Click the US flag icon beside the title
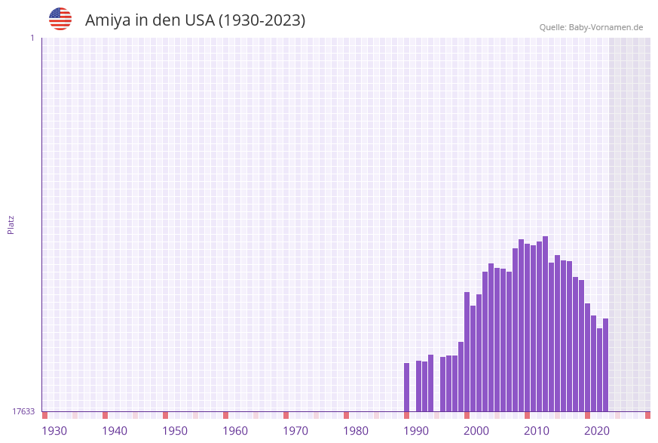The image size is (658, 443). coord(60,19)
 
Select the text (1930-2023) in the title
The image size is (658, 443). coord(262,20)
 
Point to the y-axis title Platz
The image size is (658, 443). coord(11,224)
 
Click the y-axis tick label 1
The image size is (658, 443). coord(32,38)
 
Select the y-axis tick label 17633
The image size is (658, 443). coord(23,411)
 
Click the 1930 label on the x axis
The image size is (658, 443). coord(54,431)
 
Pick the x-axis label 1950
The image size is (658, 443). coord(175,431)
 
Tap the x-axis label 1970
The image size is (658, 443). coord(295,431)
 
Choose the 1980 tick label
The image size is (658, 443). coord(356,431)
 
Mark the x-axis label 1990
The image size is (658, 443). coord(416,431)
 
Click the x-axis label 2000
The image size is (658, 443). coord(476,431)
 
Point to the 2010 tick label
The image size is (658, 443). coord(537,431)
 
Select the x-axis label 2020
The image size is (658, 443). coord(597,431)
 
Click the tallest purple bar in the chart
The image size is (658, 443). coord(546,325)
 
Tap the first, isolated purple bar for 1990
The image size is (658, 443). coord(407,387)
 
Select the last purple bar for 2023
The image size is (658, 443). coord(606,365)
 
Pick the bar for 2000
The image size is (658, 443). coord(467,352)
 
